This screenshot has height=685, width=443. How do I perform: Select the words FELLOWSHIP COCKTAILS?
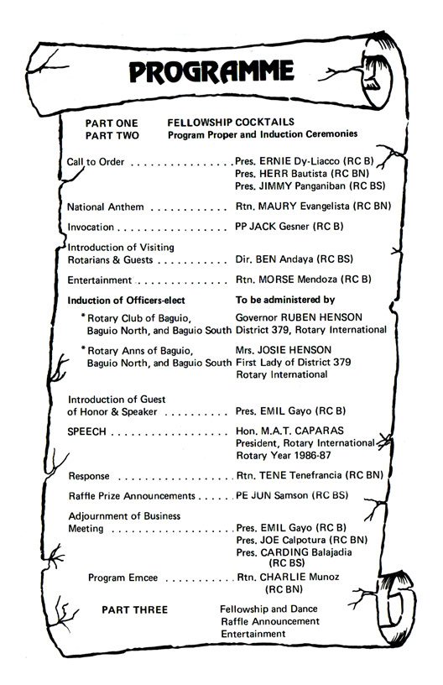(219, 122)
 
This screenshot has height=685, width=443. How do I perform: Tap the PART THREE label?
(134, 609)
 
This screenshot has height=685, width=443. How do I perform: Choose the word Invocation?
(91, 227)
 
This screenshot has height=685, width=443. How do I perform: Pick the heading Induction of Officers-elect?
(126, 300)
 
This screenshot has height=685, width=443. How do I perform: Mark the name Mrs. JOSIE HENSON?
(284, 349)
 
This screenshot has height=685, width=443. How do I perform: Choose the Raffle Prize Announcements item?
(131, 496)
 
